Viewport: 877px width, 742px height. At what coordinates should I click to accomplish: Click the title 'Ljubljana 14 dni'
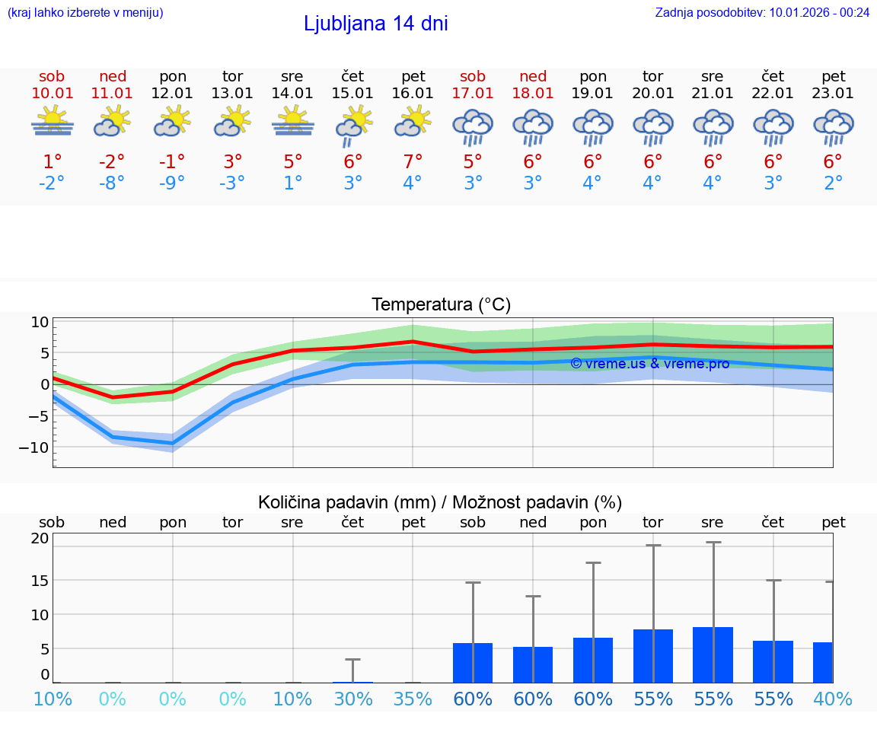(x=375, y=24)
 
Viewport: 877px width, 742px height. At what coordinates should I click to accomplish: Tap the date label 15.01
(x=352, y=94)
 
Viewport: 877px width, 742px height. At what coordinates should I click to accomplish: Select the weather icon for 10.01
(x=53, y=122)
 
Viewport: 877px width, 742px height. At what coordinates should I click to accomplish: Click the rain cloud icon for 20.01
(x=653, y=126)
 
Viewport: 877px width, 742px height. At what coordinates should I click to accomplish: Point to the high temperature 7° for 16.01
(x=413, y=162)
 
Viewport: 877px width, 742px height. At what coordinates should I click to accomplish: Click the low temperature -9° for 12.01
(x=172, y=183)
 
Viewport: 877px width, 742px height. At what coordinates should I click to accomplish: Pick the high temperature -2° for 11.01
(x=112, y=162)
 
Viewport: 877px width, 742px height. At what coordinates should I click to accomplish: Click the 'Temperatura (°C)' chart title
(x=441, y=305)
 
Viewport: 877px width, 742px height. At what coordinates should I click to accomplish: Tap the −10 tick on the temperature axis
(x=33, y=447)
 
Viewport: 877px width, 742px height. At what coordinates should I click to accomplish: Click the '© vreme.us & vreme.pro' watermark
(x=649, y=364)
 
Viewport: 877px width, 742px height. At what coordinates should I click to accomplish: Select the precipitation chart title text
(x=440, y=502)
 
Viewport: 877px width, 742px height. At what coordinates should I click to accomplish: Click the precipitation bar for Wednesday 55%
(x=713, y=654)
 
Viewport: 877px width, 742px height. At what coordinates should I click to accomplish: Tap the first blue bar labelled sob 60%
(x=472, y=662)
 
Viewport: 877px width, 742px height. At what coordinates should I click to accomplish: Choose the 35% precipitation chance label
(x=413, y=699)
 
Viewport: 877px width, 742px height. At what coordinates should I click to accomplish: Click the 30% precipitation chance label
(x=352, y=699)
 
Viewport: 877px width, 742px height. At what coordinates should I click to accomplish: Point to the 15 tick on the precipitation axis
(x=40, y=581)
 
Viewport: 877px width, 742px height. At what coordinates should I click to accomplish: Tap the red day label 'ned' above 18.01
(x=533, y=76)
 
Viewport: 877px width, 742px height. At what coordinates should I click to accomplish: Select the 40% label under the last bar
(x=833, y=699)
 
